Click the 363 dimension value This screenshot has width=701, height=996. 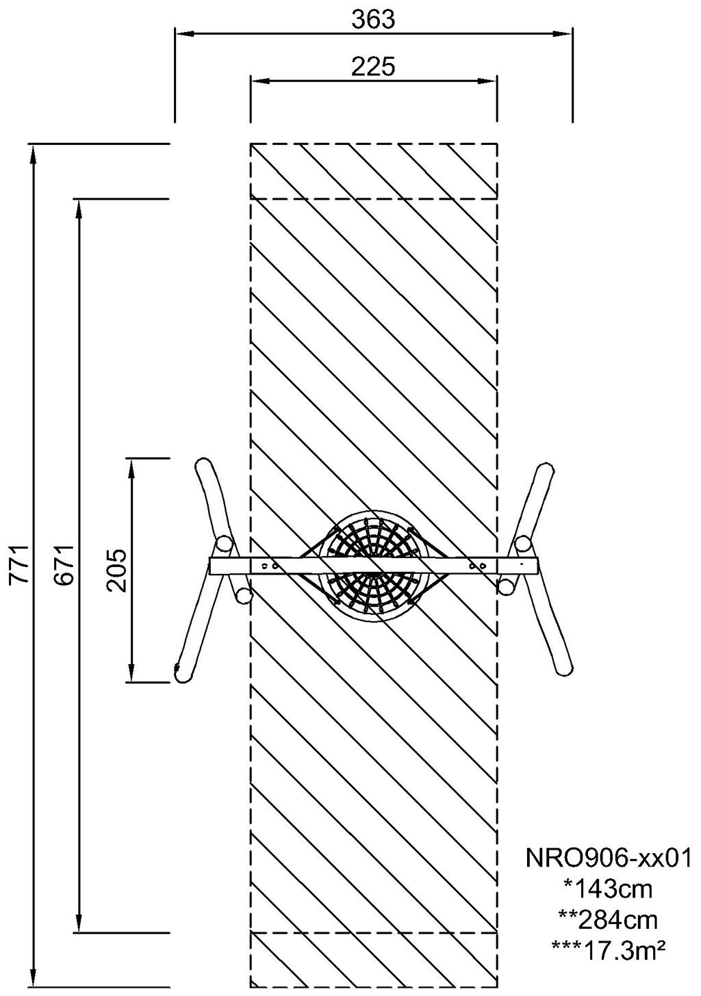373,20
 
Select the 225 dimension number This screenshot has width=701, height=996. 373,67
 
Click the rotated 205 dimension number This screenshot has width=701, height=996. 116,571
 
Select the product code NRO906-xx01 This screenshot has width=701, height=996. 609,858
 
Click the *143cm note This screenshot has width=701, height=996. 609,889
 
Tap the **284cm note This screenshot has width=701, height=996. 609,921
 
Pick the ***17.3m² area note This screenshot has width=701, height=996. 609,951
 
